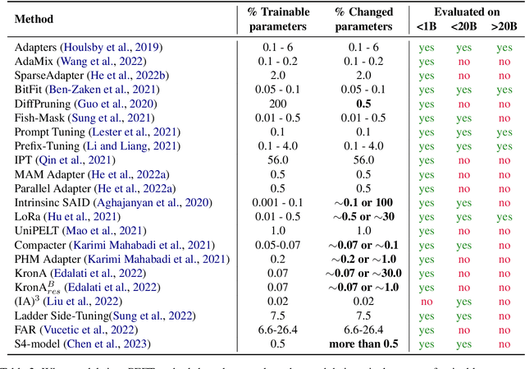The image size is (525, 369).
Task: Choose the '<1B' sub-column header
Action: click(x=425, y=25)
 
